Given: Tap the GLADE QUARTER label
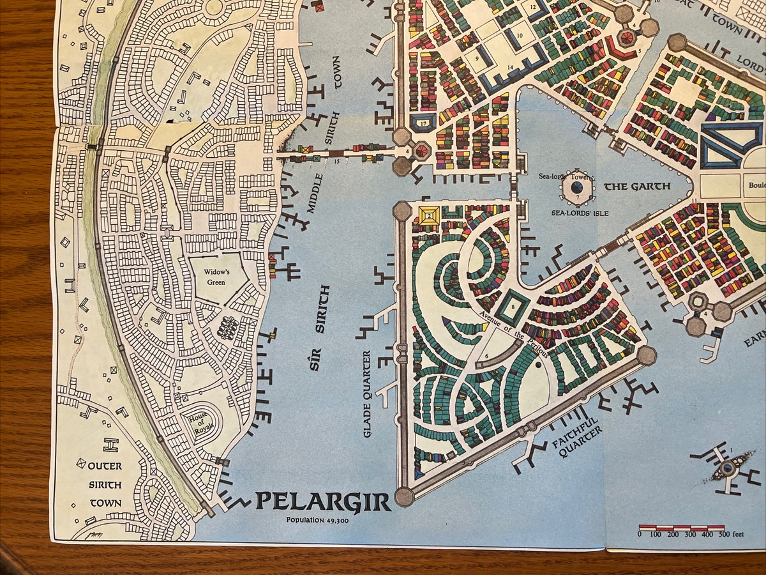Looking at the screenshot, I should [367, 394].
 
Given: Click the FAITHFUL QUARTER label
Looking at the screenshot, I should [578, 439].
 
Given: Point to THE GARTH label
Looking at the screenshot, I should [637, 187].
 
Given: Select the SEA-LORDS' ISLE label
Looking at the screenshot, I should [577, 212].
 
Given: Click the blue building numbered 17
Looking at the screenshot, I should [423, 121].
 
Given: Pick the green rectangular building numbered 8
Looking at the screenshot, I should [513, 307].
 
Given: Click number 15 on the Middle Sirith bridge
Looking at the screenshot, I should [336, 161].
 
